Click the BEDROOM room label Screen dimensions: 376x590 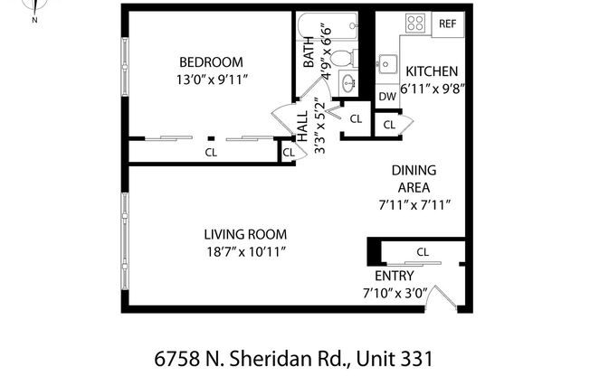coord(210,61)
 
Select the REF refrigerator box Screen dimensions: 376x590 coord(447,23)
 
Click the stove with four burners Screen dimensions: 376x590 coord(415,23)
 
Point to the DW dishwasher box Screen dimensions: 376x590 coord(386,96)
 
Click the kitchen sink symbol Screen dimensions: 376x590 coord(387,65)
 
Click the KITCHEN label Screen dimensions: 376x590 coord(431,71)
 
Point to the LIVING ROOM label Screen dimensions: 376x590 coord(245,234)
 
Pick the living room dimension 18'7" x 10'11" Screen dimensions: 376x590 coord(245,252)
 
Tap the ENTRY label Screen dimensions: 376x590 coord(394,276)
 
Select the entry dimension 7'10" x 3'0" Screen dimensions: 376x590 coord(394,292)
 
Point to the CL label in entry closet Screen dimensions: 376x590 coord(422,251)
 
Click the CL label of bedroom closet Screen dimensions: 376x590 coord(211,153)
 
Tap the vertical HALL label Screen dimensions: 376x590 coord(303,136)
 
